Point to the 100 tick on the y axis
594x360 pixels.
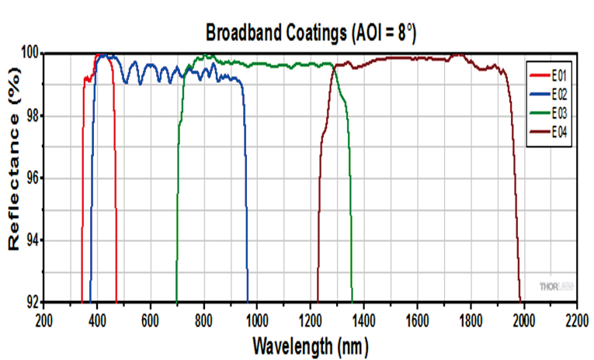(30, 54)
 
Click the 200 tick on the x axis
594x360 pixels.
(44, 318)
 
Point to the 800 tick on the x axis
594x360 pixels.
(203, 318)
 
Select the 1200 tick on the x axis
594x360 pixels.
(311, 318)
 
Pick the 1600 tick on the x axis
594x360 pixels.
(417, 318)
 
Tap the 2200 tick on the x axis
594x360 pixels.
(576, 318)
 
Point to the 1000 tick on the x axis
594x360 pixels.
(257, 318)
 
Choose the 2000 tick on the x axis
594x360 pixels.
(523, 318)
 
